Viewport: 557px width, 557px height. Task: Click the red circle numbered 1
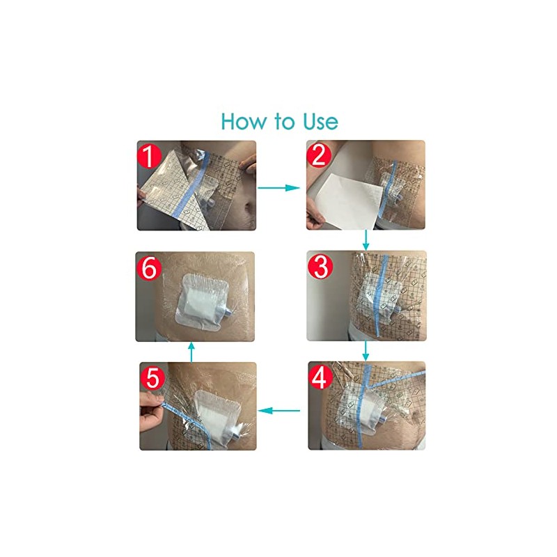[x=150, y=156]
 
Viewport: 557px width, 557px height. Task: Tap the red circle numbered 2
[x=319, y=155]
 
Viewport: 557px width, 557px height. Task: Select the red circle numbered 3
[x=320, y=267]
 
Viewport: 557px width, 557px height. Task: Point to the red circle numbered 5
[x=152, y=377]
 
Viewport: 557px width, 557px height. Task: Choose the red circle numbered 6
[x=149, y=268]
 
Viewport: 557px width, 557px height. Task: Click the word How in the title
[x=243, y=121]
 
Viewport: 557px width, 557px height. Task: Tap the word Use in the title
[x=320, y=121]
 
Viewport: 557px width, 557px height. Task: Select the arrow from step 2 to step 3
[x=366, y=240]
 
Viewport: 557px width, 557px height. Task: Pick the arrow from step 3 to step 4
[x=366, y=351]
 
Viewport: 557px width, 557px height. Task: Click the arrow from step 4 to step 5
[x=279, y=411]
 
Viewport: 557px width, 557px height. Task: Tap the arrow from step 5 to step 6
[x=191, y=352]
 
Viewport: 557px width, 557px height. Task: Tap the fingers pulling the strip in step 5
[x=151, y=412]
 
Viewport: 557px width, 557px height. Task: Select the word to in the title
[x=285, y=121]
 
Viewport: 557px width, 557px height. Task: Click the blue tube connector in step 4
[x=386, y=420]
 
